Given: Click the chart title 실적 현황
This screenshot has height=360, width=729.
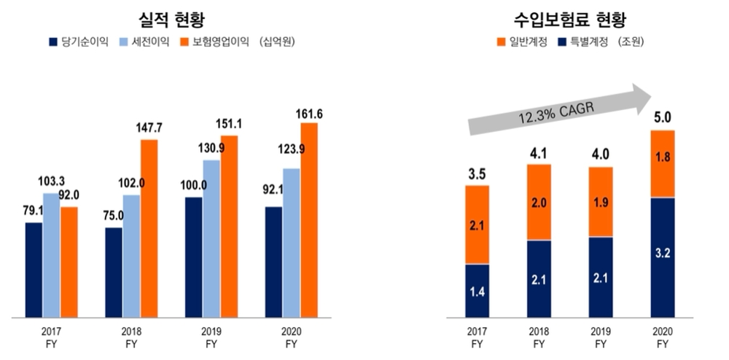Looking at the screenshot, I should point(171,19).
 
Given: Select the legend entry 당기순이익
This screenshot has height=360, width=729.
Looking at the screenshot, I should point(79,42).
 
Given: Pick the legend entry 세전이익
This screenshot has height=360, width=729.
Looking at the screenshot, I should point(145,42).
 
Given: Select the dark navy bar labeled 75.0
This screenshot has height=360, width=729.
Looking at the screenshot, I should point(114,273).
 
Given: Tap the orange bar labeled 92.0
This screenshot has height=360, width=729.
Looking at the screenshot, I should point(69,262).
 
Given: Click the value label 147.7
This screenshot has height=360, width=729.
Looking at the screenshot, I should point(149,128).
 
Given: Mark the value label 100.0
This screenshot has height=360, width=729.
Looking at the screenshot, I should point(194,186).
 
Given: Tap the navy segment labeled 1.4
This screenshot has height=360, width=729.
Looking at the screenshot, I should point(477,291).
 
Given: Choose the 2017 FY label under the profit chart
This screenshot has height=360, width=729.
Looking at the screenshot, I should point(51,337).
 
